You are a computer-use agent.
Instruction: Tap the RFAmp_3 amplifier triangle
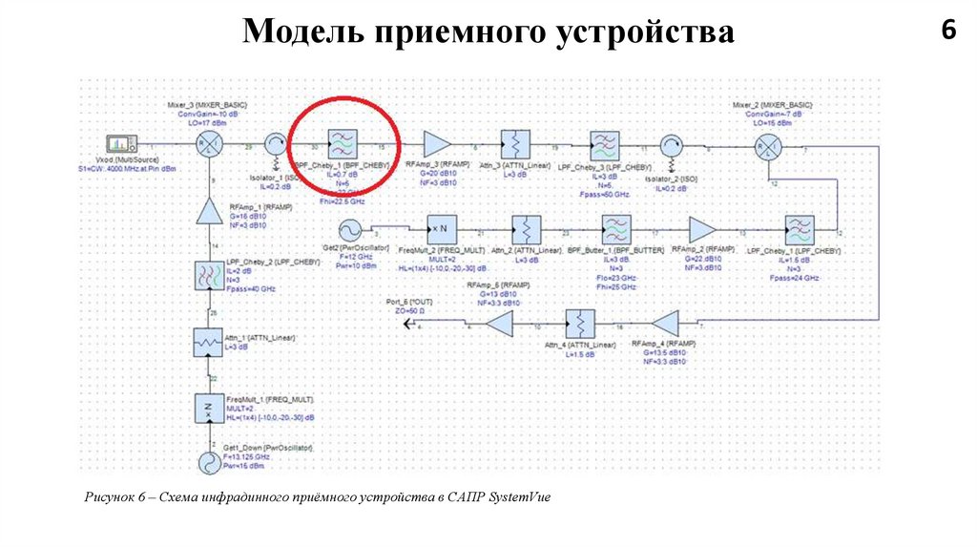click(438, 144)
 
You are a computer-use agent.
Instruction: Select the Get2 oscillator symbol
click(345, 230)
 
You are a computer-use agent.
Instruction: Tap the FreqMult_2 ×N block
click(440, 230)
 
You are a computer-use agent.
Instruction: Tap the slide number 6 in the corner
click(947, 31)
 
